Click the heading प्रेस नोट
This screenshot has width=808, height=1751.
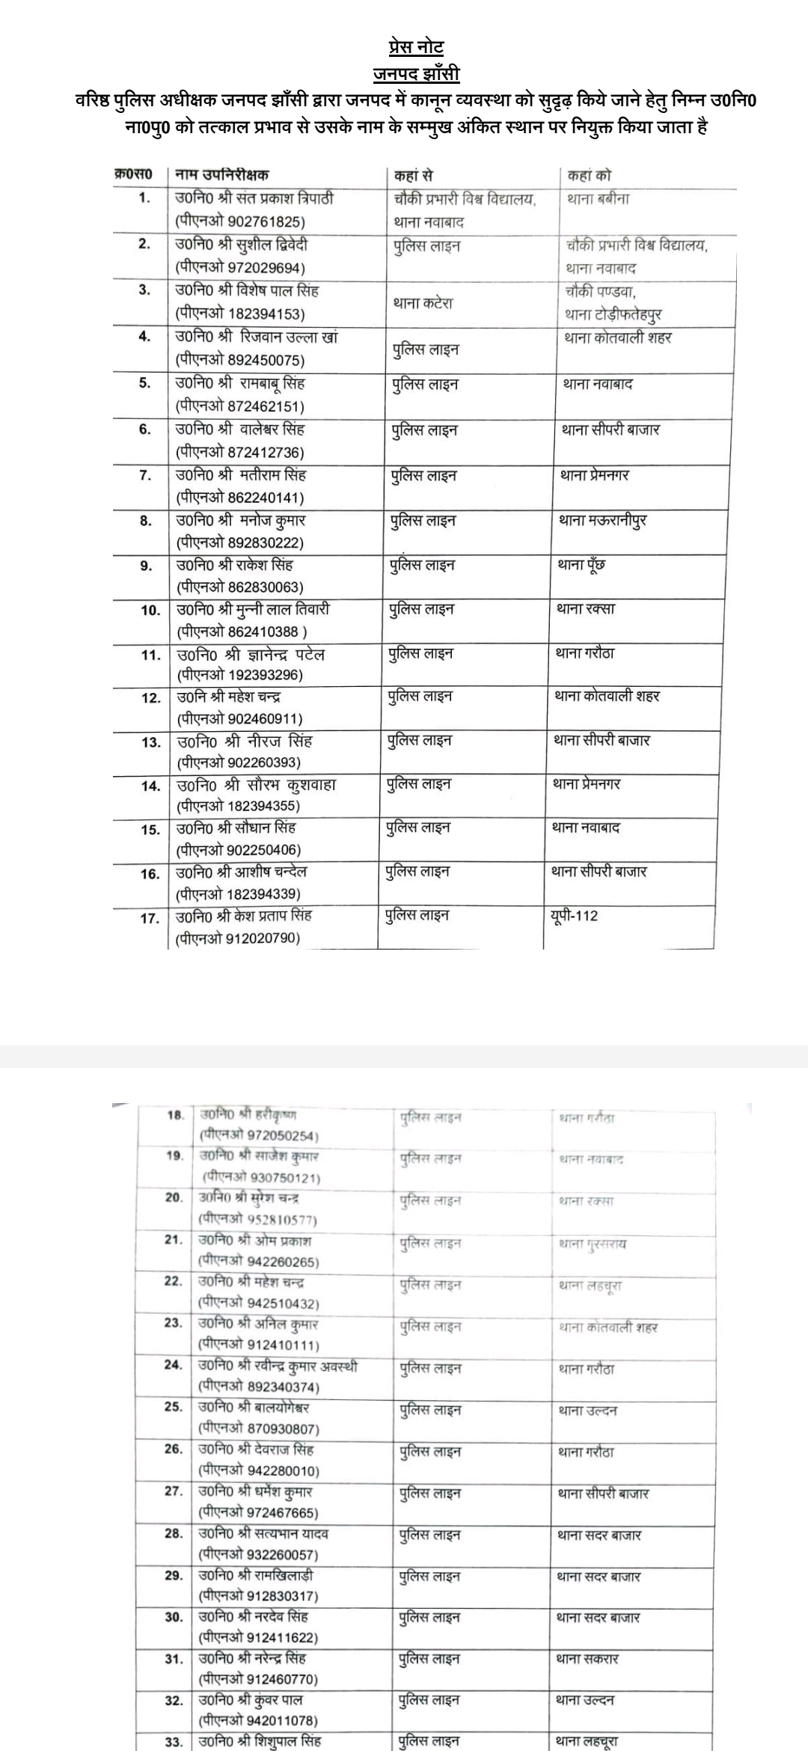click(416, 47)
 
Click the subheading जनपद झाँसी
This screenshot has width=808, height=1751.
click(416, 73)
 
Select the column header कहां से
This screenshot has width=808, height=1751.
click(414, 176)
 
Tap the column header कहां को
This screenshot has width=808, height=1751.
click(590, 176)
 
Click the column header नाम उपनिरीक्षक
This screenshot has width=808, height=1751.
click(221, 175)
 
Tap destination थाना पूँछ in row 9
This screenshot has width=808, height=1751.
click(581, 565)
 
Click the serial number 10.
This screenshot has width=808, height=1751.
click(150, 611)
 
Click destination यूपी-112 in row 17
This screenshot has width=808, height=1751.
click(573, 916)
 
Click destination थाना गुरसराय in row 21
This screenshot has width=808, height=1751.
click(593, 1244)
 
